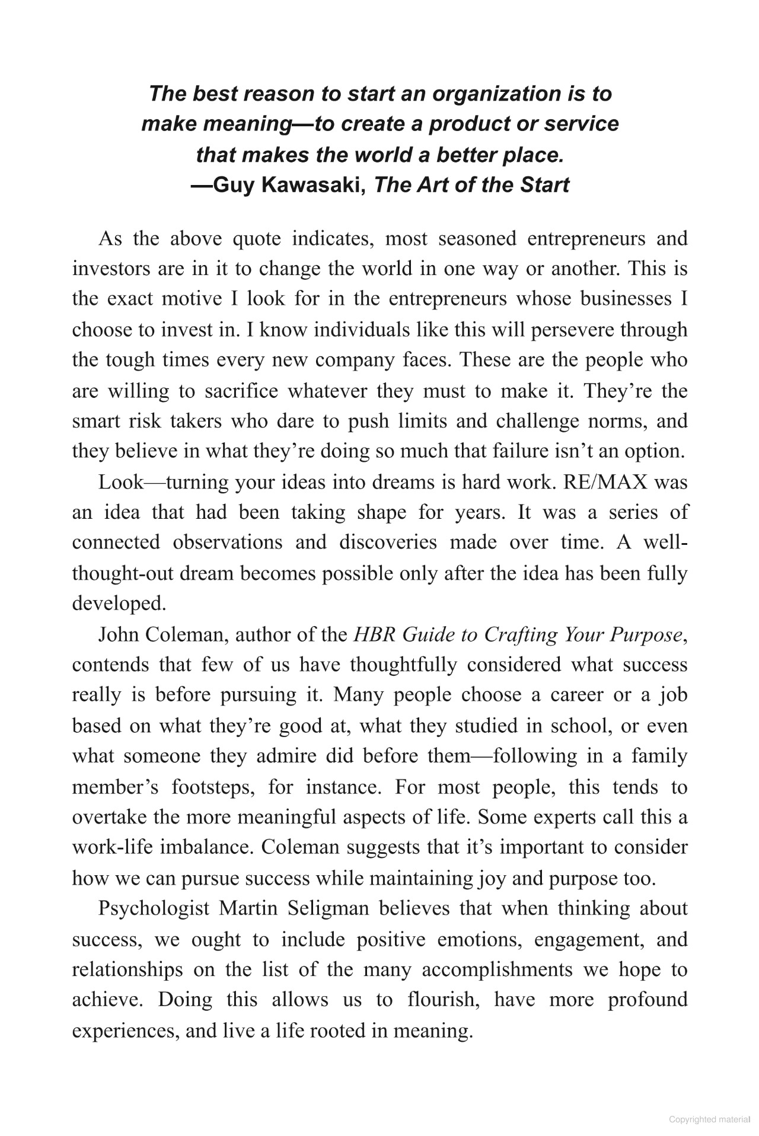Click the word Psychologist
(154, 909)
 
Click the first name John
(118, 635)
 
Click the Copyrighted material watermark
(709, 1119)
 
